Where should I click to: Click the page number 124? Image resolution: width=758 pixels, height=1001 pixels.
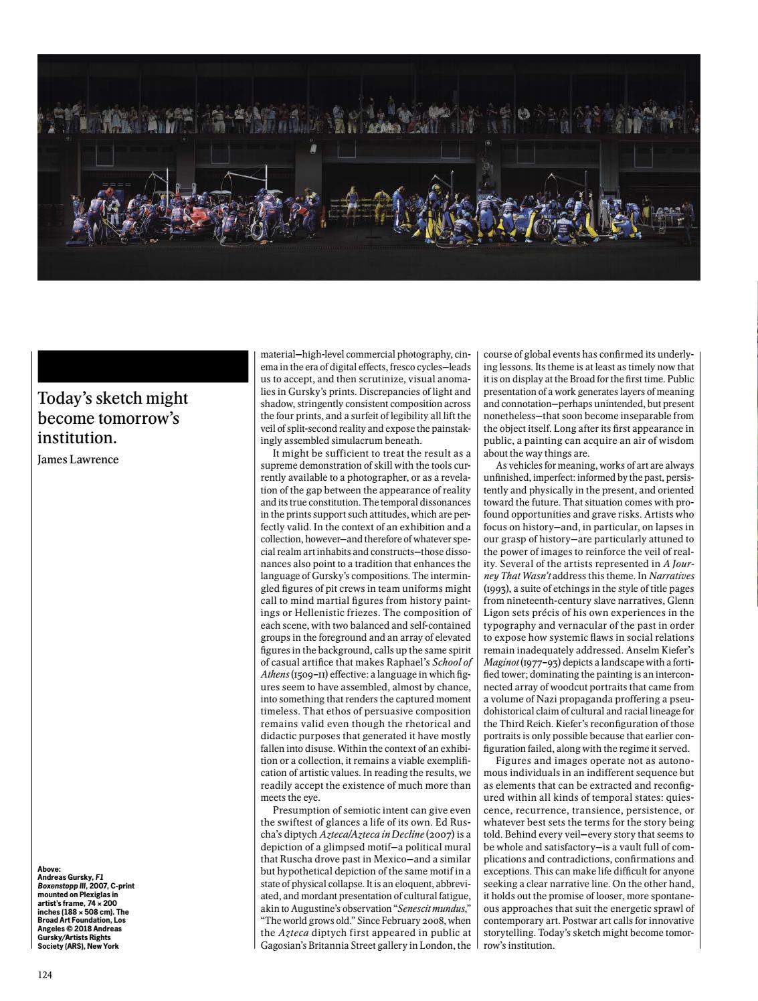coord(45,975)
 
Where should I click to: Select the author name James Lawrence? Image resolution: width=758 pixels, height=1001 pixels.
coord(78,459)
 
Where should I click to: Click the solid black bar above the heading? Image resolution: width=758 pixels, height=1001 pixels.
coord(143,366)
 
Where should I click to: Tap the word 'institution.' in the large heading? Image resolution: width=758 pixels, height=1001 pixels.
coord(77,439)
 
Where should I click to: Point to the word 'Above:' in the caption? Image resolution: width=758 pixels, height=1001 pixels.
coord(50,869)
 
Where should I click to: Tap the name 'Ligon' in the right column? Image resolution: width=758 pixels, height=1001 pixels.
coord(497,613)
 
